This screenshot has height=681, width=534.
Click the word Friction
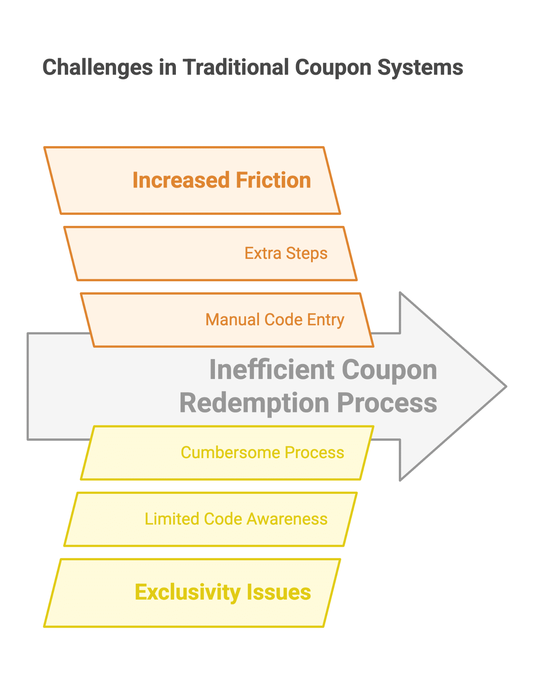tap(273, 180)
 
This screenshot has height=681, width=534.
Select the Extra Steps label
tap(286, 253)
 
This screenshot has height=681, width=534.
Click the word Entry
tap(325, 320)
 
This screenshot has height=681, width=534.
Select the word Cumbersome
tap(230, 453)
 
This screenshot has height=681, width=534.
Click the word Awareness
tap(287, 519)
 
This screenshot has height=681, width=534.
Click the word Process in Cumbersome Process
tap(314, 453)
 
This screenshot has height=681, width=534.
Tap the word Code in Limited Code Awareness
tap(223, 519)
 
